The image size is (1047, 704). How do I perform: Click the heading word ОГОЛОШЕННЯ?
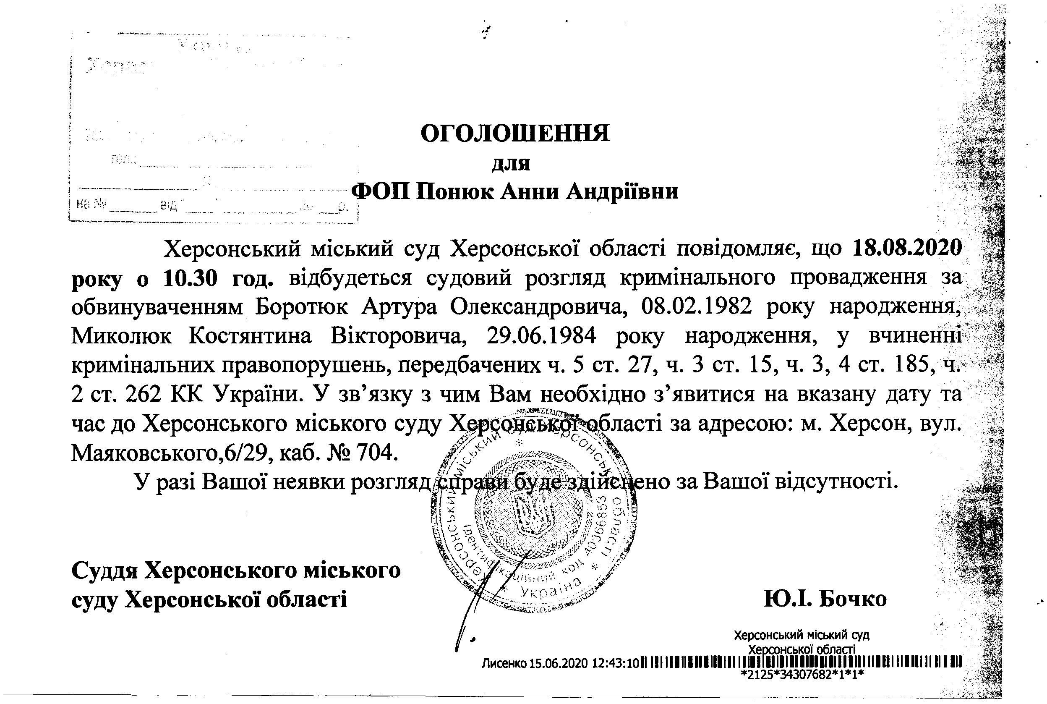click(515, 133)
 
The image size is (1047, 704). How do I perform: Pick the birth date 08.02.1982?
click(697, 308)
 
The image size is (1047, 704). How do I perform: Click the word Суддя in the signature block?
click(105, 571)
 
